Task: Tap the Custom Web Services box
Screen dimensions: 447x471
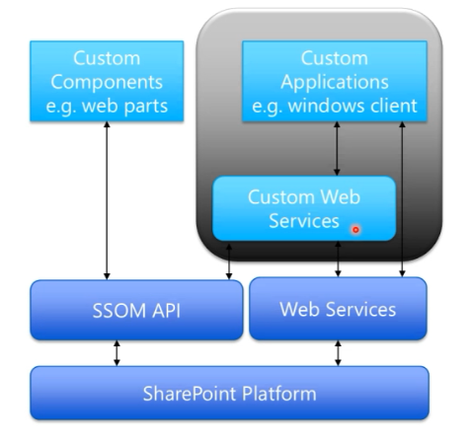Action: (x=305, y=208)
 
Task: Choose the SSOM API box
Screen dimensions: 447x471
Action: (x=136, y=310)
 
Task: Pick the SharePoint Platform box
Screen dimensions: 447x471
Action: (x=230, y=394)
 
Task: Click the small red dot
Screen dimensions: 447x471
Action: (x=355, y=229)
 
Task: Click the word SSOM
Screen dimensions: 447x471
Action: (x=118, y=310)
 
